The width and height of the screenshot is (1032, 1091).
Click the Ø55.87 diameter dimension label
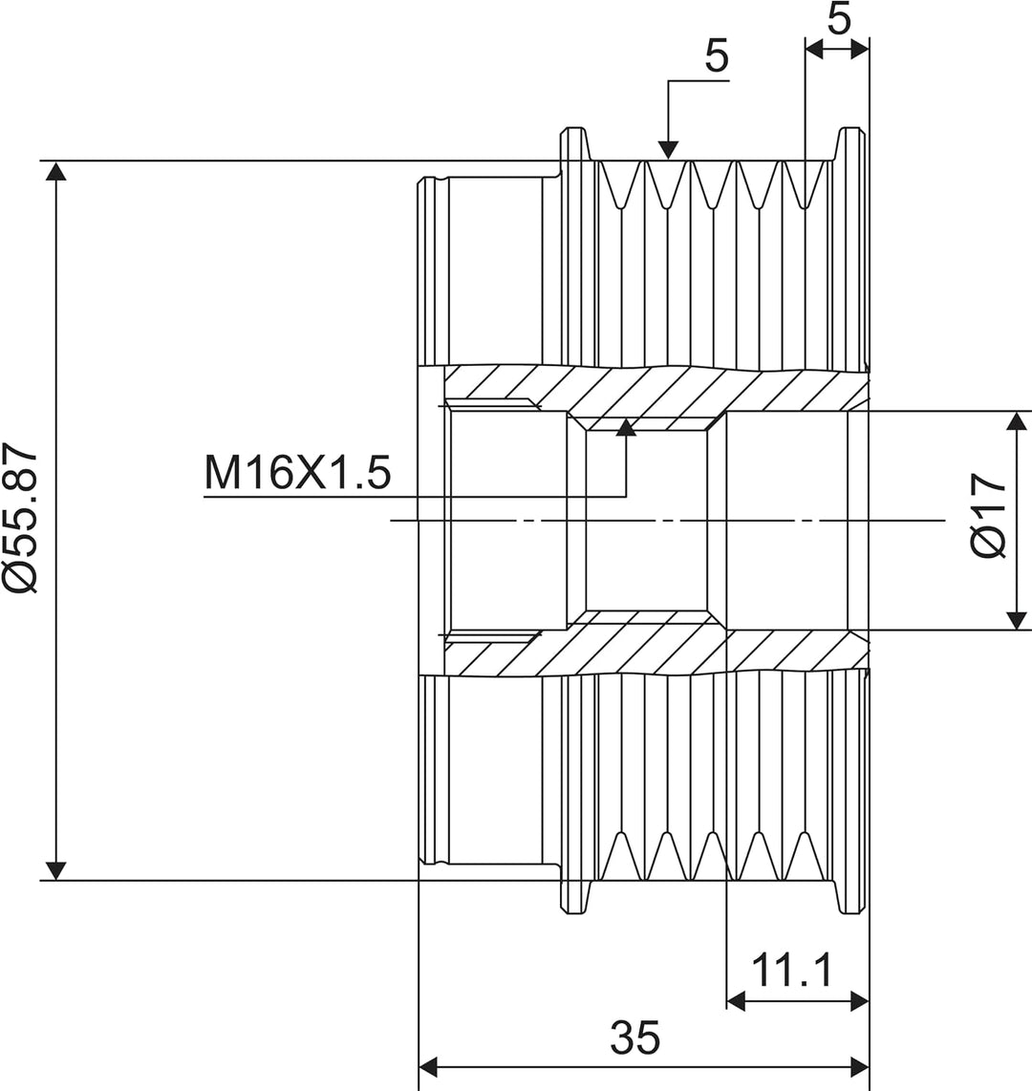[x=20, y=518]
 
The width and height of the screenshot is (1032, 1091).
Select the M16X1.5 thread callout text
[x=297, y=473]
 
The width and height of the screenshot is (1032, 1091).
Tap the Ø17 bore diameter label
[x=988, y=515]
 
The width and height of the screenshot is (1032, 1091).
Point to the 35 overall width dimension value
[x=634, y=1038]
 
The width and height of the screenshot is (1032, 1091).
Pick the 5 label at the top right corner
[x=839, y=18]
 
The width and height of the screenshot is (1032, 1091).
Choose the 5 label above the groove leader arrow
[x=717, y=56]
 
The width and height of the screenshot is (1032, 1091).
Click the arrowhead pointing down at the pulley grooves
[x=668, y=150]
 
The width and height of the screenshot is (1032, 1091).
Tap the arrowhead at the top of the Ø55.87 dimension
[x=55, y=171]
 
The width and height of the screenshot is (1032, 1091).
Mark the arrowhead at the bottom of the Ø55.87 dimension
[x=55, y=870]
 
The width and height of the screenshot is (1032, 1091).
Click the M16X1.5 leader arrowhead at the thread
[x=626, y=427]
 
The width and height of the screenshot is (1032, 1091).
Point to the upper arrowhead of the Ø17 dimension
[x=1017, y=420]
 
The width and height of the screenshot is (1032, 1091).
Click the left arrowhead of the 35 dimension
[x=428, y=1065]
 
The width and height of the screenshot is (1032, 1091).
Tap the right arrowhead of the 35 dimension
[x=860, y=1065]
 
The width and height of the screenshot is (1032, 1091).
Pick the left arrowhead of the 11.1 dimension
[x=736, y=1001]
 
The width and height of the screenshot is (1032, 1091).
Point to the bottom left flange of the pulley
[x=574, y=897]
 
